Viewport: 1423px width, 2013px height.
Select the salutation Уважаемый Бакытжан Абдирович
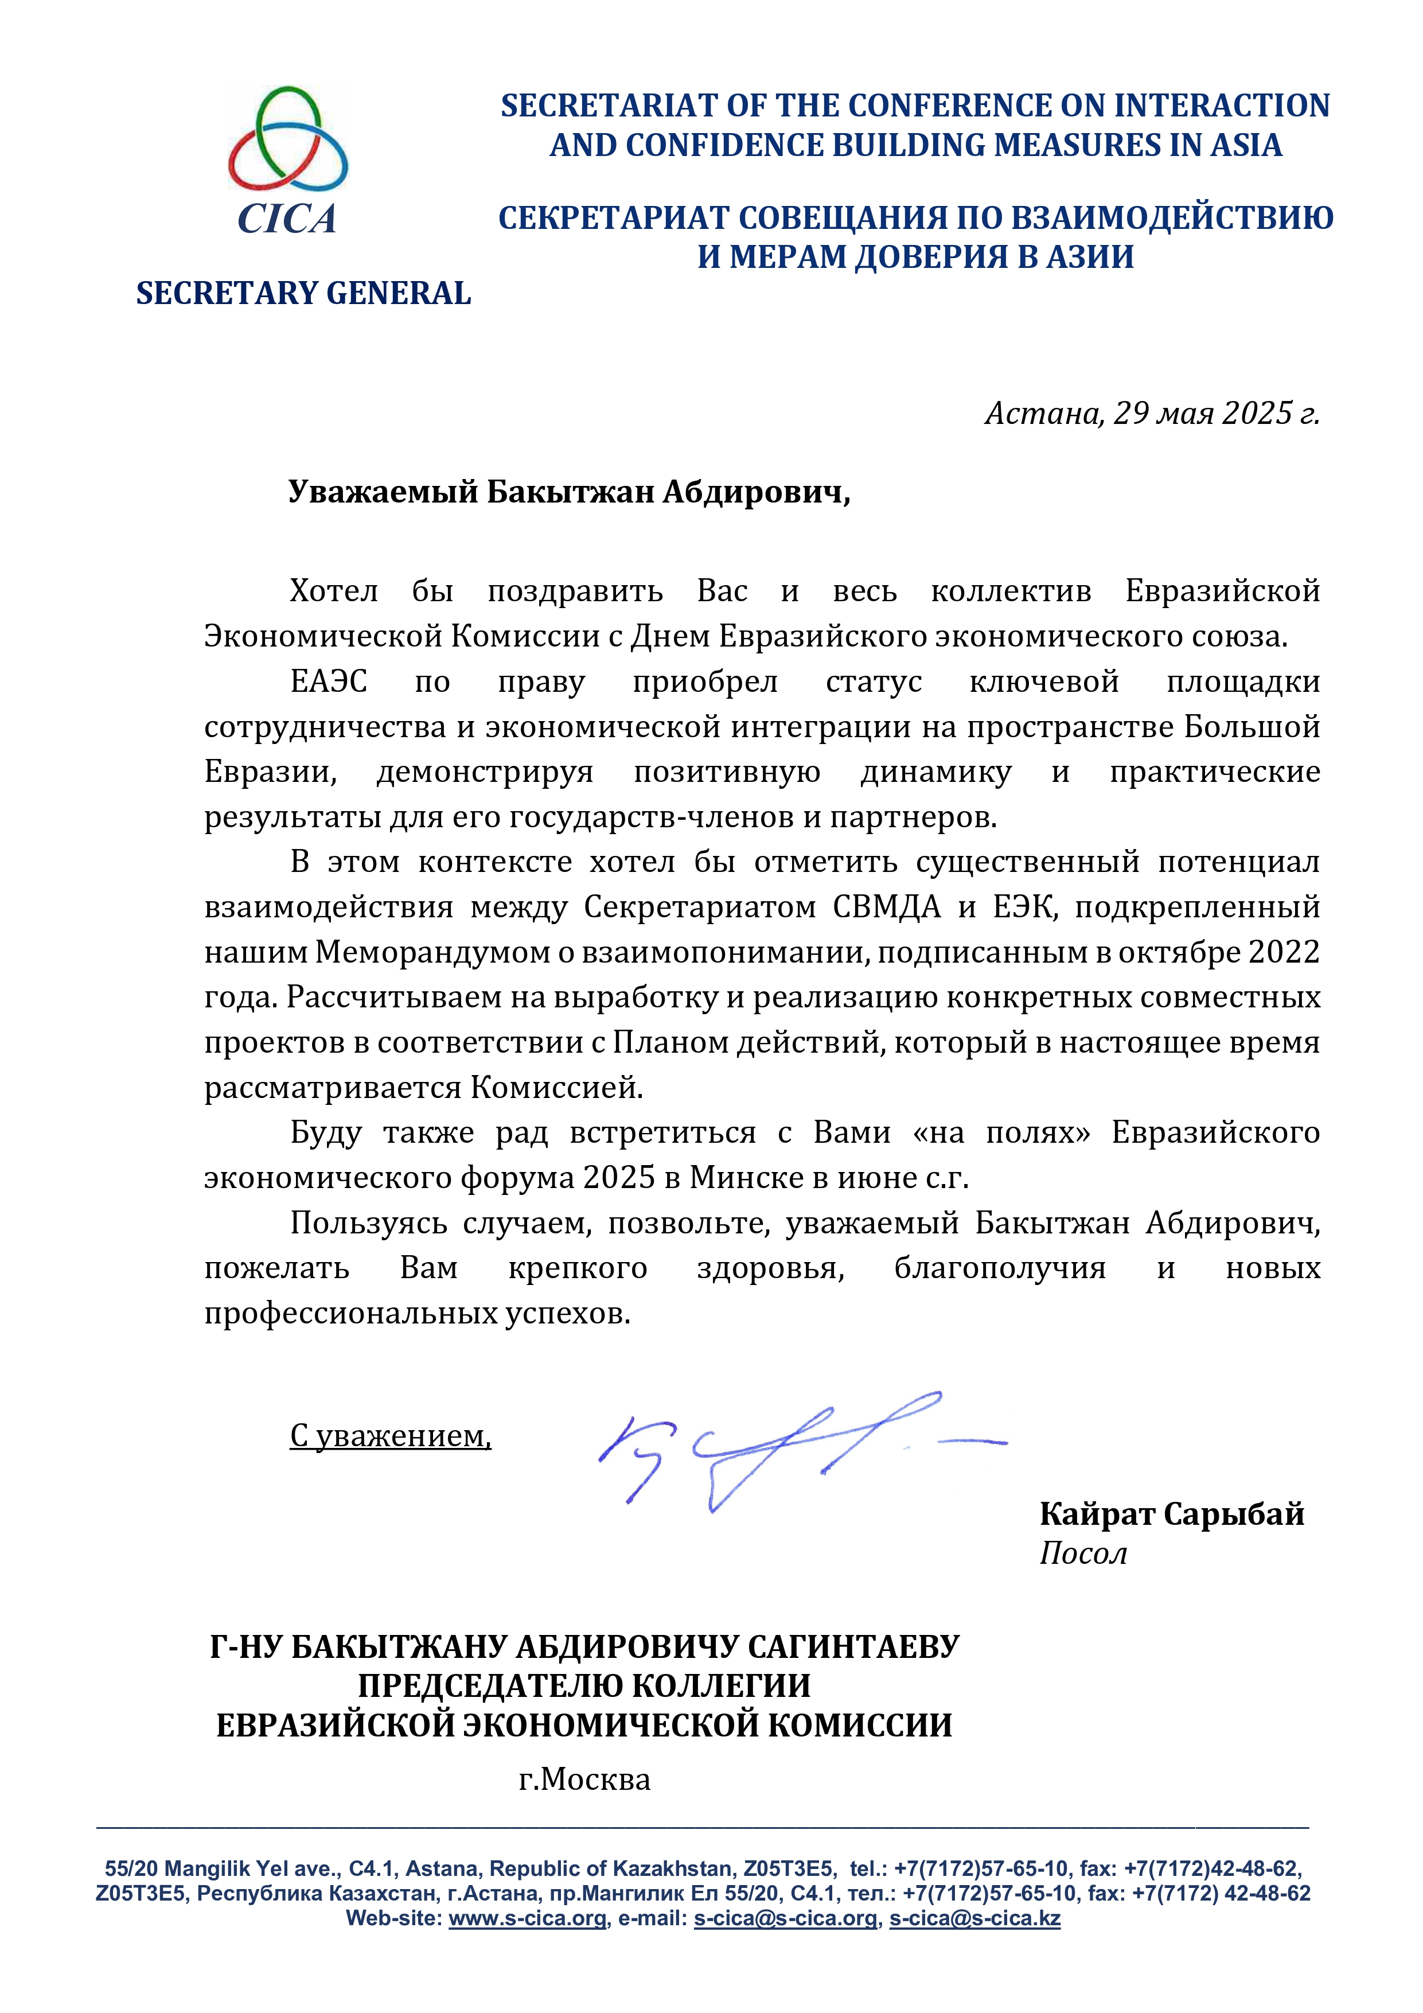click(569, 493)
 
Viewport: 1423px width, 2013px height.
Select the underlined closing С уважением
click(390, 1435)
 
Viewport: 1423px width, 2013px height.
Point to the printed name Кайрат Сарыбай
click(1171, 1514)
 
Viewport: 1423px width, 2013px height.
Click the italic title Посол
click(1083, 1553)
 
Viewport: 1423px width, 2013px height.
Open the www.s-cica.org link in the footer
click(528, 1918)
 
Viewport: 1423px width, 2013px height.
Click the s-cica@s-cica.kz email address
click(975, 1918)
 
